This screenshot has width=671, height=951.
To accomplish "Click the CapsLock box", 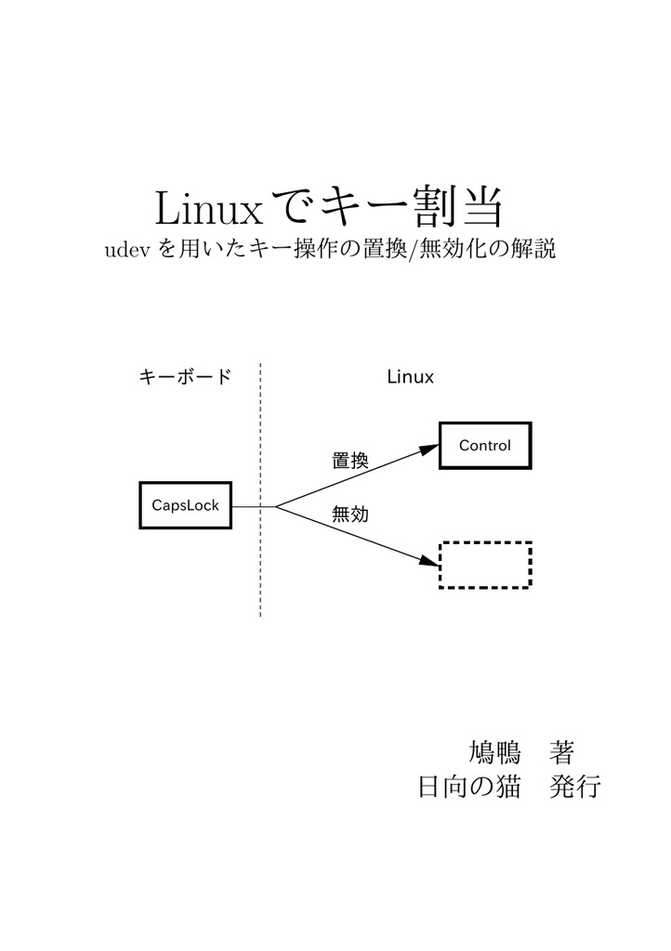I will [x=185, y=505].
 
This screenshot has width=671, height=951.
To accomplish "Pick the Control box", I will [x=484, y=446].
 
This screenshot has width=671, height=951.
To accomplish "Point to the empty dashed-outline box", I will [x=484, y=565].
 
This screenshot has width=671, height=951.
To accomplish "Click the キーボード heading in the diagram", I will [x=184, y=377].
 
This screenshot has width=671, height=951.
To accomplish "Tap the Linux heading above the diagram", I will [x=410, y=377].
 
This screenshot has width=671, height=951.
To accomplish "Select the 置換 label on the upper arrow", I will [x=350, y=461].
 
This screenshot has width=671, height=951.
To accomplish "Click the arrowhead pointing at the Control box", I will [x=428, y=449].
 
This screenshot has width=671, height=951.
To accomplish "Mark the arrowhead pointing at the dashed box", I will [x=428, y=561].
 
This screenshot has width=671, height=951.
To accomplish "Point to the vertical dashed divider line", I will [x=260, y=557].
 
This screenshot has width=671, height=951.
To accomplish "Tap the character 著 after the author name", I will [x=562, y=750].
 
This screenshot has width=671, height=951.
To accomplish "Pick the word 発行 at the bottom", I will [x=576, y=788].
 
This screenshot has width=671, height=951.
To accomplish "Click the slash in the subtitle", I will [x=414, y=251].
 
